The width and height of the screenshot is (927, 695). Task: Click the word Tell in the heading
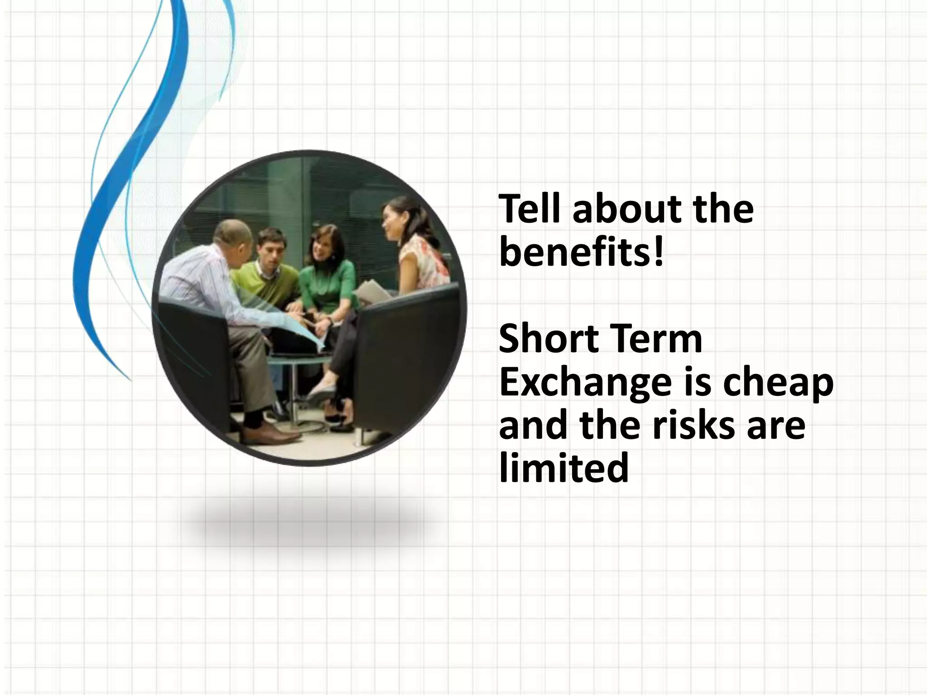(530, 209)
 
